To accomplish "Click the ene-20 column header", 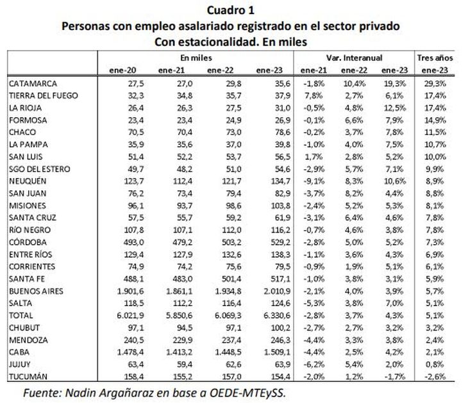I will pos(124,69).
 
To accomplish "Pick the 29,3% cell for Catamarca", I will pos(435,84).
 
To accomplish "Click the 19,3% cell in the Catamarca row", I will pos(394,84).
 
